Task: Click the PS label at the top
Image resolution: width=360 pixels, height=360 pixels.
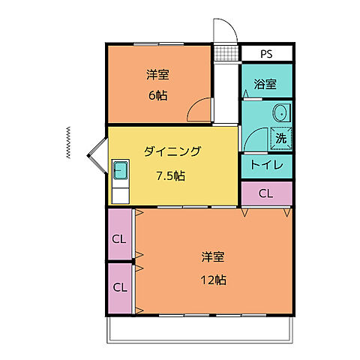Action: pos(266,55)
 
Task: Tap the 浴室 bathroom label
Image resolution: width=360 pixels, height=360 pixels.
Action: pos(266,85)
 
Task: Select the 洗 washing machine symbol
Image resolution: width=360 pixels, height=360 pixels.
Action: pos(280,138)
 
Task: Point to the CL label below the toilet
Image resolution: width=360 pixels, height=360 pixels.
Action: pos(266,193)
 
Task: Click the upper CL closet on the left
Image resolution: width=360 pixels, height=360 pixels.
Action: pos(119,239)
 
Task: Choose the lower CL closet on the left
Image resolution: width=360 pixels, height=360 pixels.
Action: pos(119,286)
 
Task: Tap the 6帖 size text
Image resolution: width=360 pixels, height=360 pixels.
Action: pos(157,95)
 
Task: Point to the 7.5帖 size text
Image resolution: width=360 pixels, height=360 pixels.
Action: pos(171,176)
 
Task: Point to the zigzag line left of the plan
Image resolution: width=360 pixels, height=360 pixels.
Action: pos(69,142)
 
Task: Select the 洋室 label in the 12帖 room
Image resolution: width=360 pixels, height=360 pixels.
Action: pos(213,256)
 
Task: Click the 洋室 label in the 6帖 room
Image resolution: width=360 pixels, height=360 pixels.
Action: pos(157,74)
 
